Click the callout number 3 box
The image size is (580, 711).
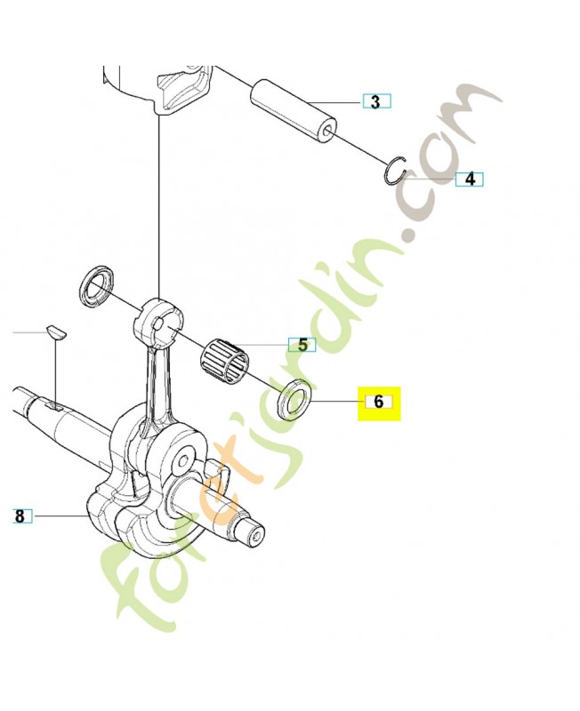pos(376,101)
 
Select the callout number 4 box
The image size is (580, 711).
pos(470,180)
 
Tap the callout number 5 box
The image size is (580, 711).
pos(302,345)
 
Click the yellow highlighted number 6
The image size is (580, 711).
pos(379,403)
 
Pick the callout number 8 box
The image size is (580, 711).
pos(20,516)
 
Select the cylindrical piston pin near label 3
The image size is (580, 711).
pos(294,111)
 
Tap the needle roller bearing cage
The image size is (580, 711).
pos(225,359)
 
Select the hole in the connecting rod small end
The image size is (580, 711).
pos(158,324)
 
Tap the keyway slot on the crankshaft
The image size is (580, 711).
pos(54,404)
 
